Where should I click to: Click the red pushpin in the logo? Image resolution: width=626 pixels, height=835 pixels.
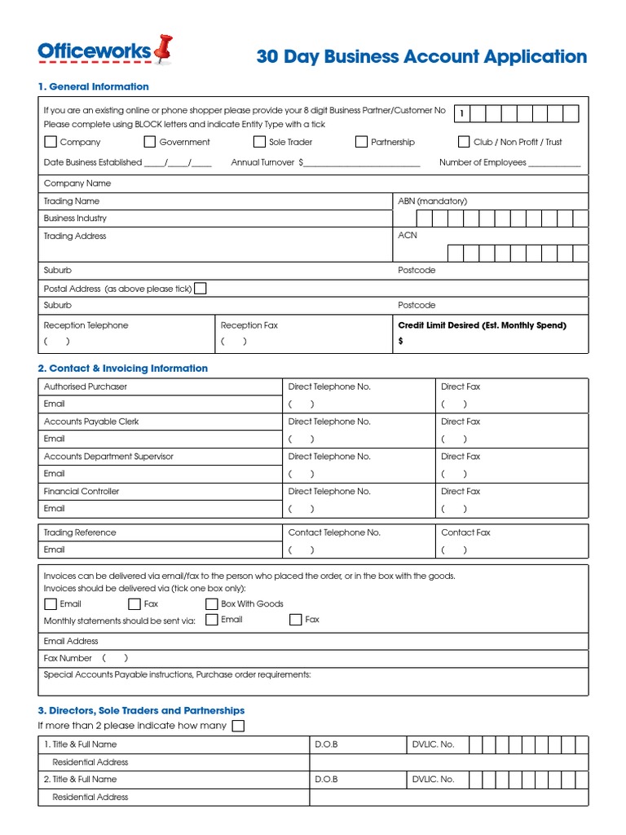pos(163,49)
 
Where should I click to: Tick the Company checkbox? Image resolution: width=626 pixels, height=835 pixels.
pos(50,142)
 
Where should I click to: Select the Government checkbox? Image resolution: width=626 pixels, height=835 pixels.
pos(149,142)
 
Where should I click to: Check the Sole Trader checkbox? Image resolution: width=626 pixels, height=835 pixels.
pos(259,142)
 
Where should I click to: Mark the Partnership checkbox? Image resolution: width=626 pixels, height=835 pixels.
pos(361,142)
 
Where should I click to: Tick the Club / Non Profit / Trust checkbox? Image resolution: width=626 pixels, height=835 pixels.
pos(464,142)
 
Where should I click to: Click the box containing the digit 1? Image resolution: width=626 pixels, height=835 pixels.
pos(461,113)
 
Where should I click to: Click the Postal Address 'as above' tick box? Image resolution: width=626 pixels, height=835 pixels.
pos(201,288)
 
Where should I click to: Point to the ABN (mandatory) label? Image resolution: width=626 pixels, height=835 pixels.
pos(432,201)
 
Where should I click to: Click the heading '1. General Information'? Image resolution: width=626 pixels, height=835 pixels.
pos(93,86)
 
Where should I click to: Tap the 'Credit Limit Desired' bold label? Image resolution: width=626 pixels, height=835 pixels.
pos(482,325)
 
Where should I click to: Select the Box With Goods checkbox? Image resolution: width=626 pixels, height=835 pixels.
pos(212,604)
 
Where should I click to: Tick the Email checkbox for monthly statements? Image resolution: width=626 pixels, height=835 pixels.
pos(212,620)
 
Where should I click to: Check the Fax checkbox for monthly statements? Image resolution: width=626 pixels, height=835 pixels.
pos(295,620)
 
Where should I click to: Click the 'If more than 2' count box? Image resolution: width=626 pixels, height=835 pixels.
pos(238,726)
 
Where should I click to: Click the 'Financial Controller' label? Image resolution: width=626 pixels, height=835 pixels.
pos(82,492)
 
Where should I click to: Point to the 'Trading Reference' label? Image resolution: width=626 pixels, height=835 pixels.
pos(80,532)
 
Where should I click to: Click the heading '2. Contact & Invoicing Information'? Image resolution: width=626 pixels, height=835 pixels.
pos(122,369)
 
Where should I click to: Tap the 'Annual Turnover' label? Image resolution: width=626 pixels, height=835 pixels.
pos(262,163)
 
